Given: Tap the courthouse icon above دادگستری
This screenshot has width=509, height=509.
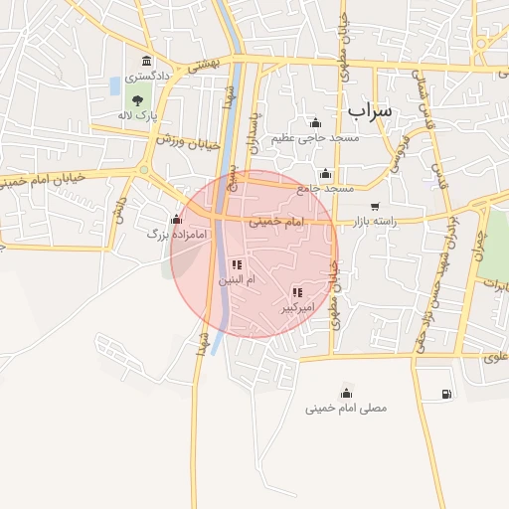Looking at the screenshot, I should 147,62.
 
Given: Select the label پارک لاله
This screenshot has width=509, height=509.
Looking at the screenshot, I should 140,115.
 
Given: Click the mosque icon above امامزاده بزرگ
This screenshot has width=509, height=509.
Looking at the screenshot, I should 177,220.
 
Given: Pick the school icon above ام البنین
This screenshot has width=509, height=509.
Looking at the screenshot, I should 237,265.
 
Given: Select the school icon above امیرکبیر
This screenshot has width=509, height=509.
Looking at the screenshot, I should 296,293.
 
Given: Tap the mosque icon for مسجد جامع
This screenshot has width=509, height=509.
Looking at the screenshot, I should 326,173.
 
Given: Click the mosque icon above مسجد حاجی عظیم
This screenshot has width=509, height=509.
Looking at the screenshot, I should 316,123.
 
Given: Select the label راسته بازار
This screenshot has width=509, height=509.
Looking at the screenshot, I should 375,222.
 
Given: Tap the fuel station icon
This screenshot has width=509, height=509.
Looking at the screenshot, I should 442,395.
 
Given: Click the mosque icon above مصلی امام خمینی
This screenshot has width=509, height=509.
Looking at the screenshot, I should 346,393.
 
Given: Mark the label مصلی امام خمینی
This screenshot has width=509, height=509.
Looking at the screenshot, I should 346,408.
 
